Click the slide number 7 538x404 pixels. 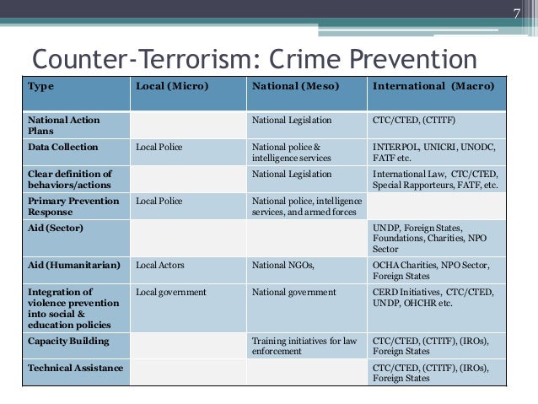[x=517, y=13]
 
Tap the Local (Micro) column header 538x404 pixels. [x=172, y=87]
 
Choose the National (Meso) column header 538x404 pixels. [x=291, y=87]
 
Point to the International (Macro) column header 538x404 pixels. [x=434, y=87]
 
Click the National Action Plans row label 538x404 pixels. [x=64, y=125]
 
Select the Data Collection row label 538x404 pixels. [x=63, y=147]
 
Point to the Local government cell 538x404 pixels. [x=171, y=292]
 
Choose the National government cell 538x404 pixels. [x=293, y=292]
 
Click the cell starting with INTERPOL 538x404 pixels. [x=434, y=152]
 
